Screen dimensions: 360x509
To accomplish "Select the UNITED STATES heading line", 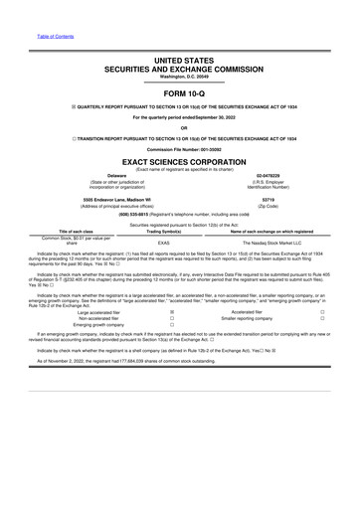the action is tap(179, 62).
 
